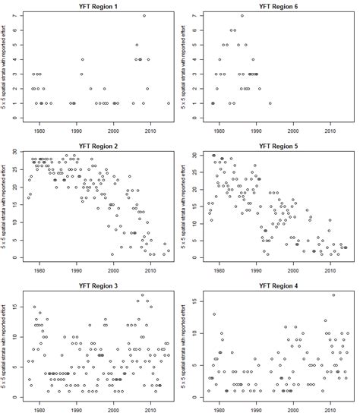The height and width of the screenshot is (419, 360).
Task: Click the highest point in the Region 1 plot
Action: pyautogui.click(x=144, y=16)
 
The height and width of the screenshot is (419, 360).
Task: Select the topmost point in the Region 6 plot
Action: pyautogui.click(x=242, y=16)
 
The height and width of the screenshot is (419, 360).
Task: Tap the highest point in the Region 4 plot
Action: pyautogui.click(x=333, y=295)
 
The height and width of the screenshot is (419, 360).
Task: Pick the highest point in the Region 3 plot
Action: pyautogui.click(x=142, y=295)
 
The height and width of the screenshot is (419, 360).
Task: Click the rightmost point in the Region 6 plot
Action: pyautogui.click(x=270, y=103)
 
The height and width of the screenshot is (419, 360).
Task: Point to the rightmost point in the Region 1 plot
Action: pyautogui.click(x=169, y=103)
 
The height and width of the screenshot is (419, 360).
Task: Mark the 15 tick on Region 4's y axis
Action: pyautogui.click(x=197, y=301)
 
